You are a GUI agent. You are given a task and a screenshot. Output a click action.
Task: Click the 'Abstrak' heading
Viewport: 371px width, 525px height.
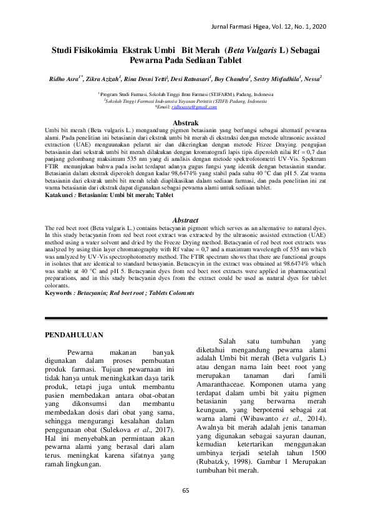185,123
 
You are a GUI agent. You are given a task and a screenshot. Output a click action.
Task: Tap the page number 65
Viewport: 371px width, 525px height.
185,508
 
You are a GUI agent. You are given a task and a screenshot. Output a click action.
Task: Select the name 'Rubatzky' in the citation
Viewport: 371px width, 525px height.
230,461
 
